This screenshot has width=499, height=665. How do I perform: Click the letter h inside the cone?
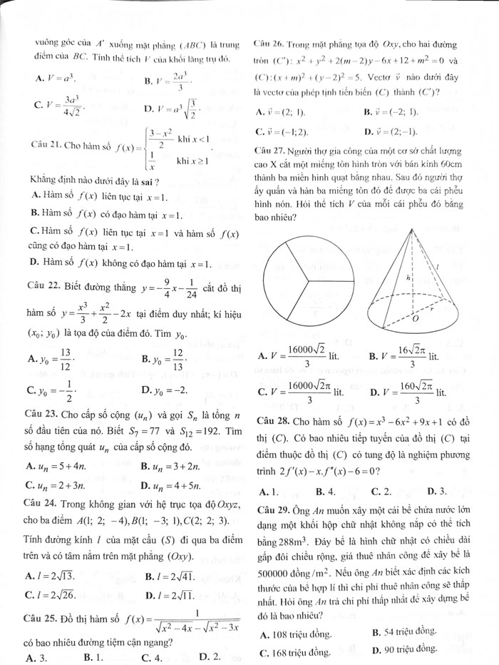pyautogui.click(x=407, y=278)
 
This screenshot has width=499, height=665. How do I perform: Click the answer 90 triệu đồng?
pyautogui.click(x=403, y=649)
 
